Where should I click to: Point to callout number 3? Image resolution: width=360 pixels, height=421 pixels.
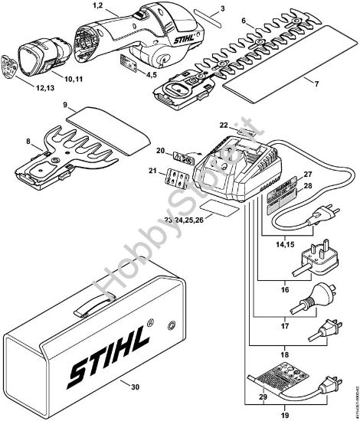point(201,8)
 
